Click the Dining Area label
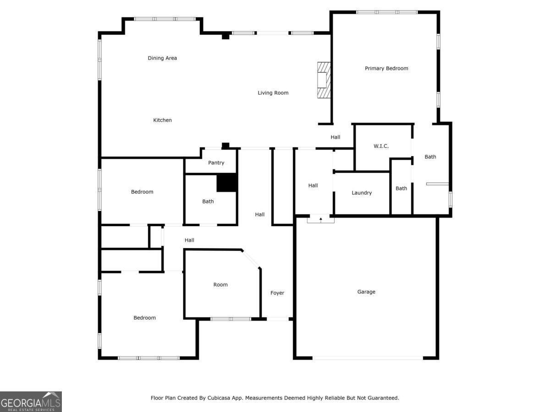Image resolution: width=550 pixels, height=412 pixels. [x=162, y=58]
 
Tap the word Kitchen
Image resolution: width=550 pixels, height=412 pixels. [x=162, y=120]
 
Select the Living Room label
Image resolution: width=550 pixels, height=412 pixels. [x=273, y=93]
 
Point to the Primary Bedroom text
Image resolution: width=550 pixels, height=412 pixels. [x=386, y=68]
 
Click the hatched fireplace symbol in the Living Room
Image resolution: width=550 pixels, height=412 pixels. [x=324, y=80]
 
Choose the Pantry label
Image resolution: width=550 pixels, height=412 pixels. [x=216, y=163]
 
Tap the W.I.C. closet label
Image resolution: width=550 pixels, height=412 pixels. [x=381, y=146]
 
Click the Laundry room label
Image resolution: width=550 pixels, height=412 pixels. [x=362, y=193]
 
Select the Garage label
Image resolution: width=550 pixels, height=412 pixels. [x=366, y=292]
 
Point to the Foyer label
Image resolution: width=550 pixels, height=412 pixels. [x=277, y=293]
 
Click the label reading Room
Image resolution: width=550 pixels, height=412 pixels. [x=220, y=285]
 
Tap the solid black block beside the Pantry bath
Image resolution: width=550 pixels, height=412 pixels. [x=227, y=183]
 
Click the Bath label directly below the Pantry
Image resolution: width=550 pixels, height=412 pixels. [x=208, y=201]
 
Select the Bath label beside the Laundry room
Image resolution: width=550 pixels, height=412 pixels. [x=401, y=188]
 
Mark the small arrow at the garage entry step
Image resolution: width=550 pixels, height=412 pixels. [x=321, y=219]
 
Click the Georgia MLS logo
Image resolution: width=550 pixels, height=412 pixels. [x=31, y=401]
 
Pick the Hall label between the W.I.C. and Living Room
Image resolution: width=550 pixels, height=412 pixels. [x=335, y=137]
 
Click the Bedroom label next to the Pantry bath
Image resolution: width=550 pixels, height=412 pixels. [x=142, y=192]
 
